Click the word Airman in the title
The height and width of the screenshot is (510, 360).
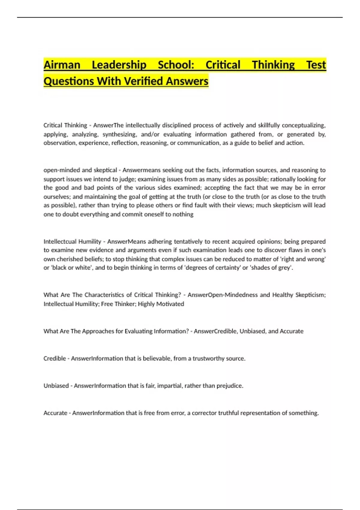point(62,65)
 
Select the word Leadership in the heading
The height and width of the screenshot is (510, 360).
point(119,65)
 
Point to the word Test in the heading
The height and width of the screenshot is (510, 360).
point(316,65)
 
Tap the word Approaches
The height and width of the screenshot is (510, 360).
point(98,331)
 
